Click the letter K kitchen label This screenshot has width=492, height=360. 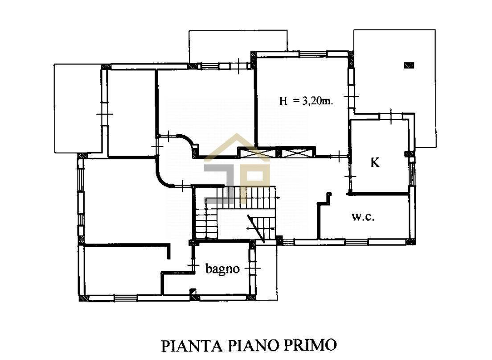point(376,163)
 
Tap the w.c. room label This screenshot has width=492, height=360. point(362,217)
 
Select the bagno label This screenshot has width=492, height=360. point(222,269)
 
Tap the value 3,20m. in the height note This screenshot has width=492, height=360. point(318,101)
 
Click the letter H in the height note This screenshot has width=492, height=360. point(283,101)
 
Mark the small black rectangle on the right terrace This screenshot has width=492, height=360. point(409,65)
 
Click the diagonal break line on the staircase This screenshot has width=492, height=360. point(256,228)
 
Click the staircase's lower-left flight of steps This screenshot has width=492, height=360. point(203,223)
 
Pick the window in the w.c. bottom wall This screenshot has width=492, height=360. point(357,242)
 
